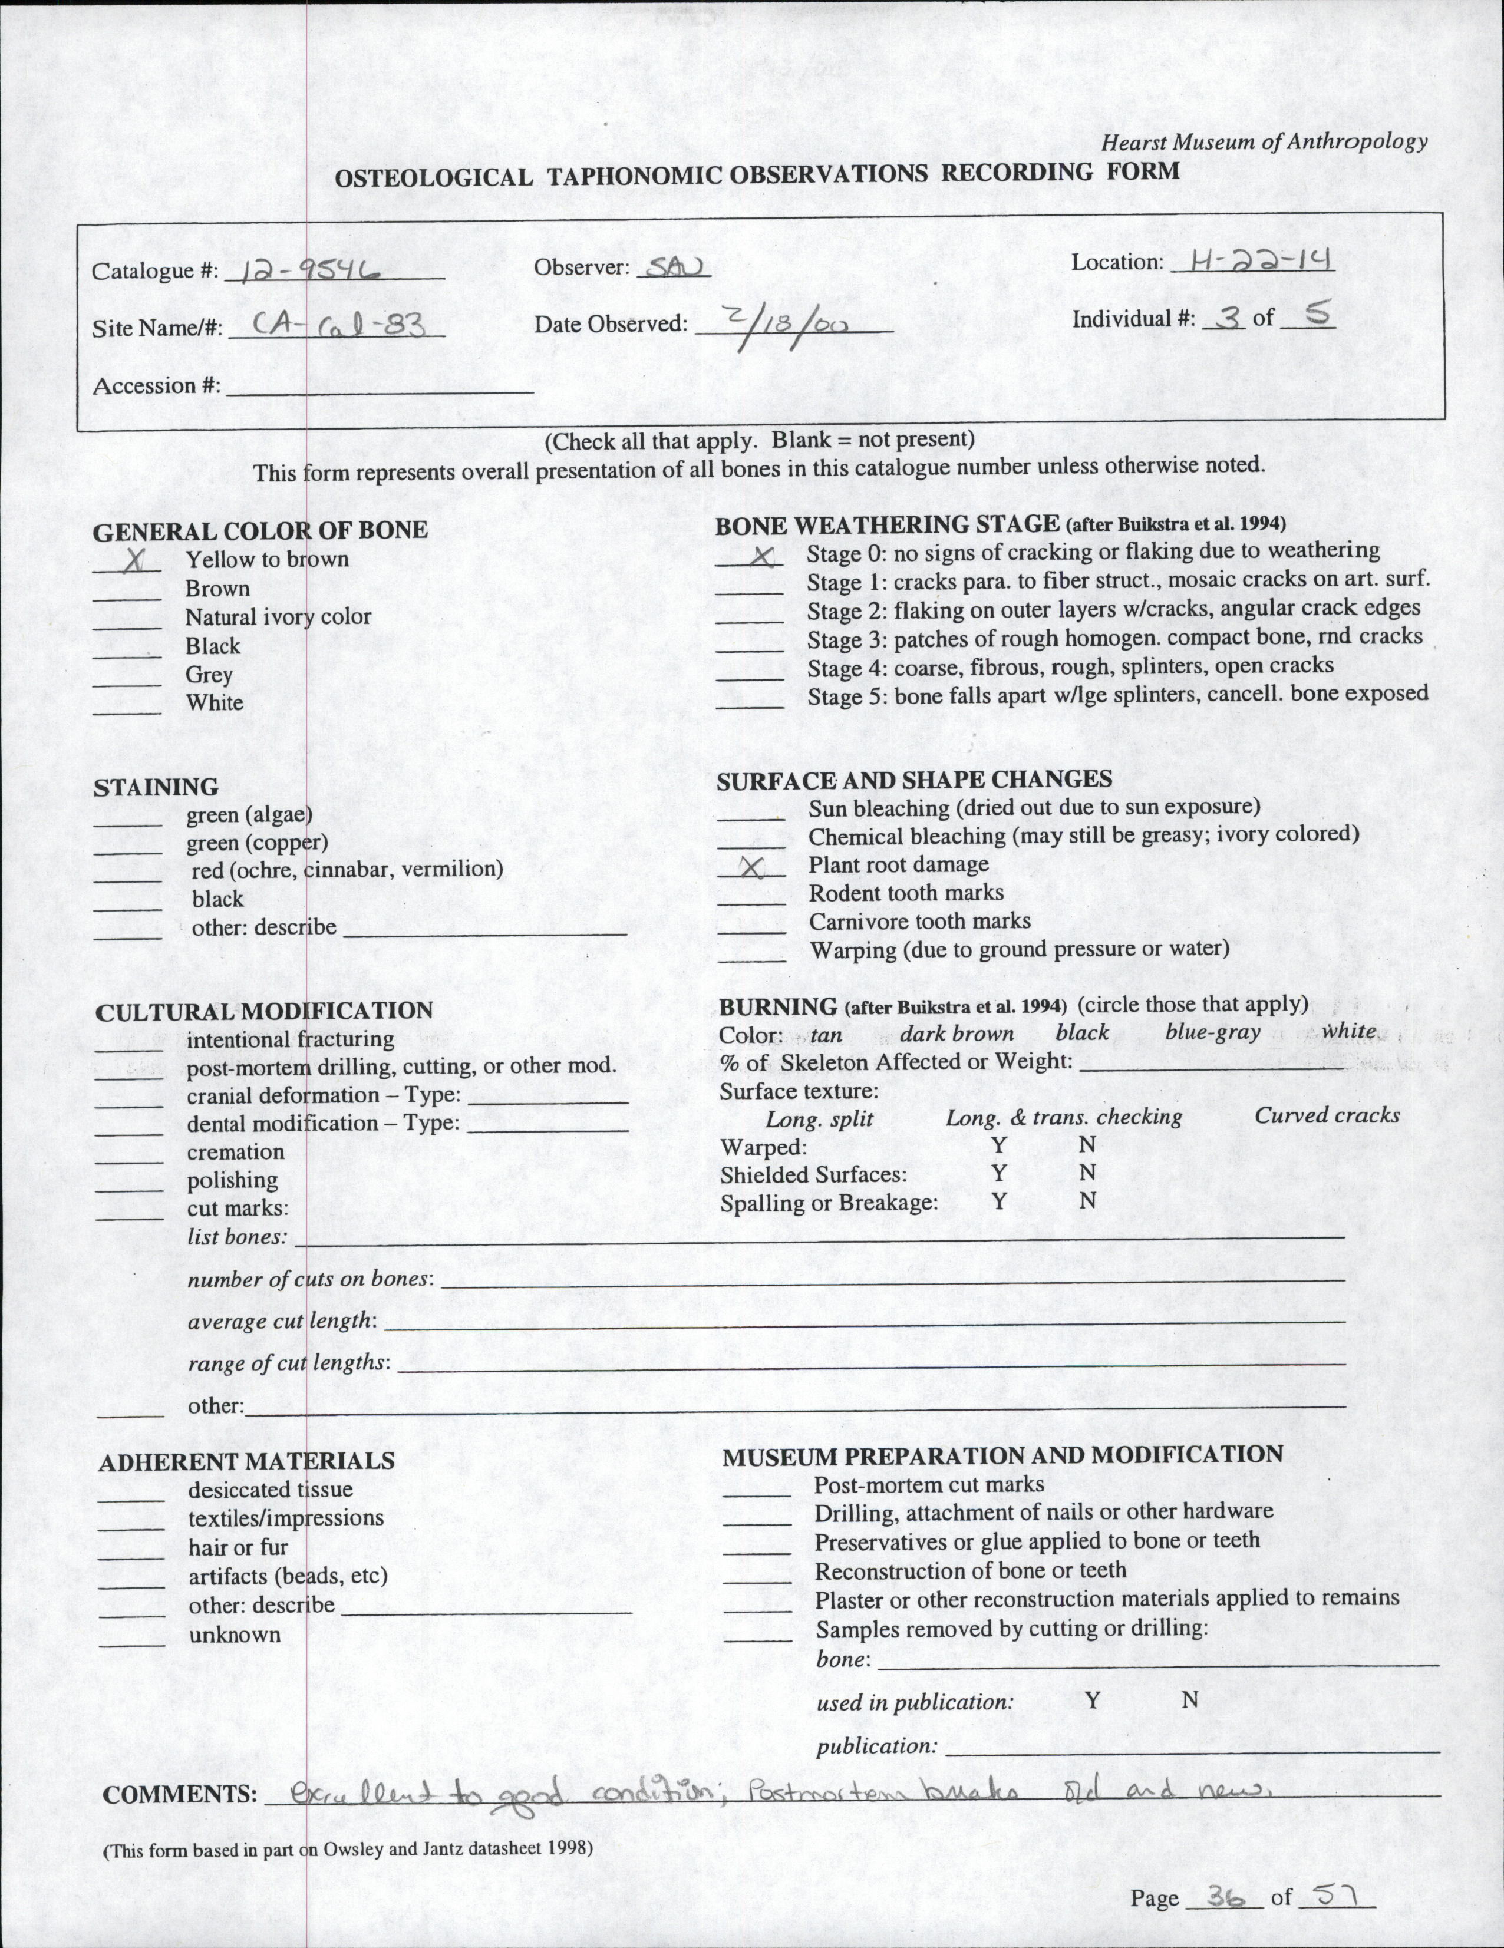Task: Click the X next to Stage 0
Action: pos(761,556)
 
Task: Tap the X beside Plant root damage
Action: pos(754,866)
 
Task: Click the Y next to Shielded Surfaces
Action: pos(998,1173)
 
